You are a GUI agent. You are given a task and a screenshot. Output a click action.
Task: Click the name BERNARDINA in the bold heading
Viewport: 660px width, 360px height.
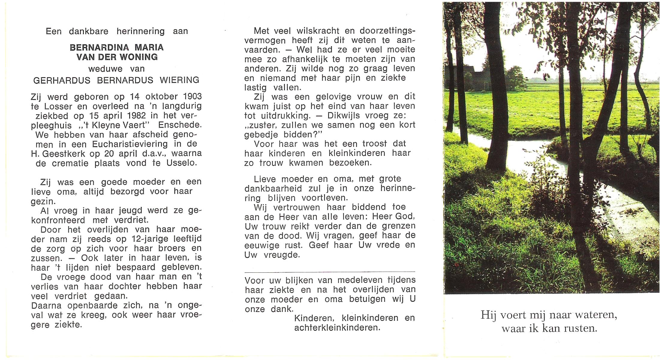coord(99,47)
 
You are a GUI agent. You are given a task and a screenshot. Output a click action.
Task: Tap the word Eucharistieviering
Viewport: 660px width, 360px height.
coord(130,144)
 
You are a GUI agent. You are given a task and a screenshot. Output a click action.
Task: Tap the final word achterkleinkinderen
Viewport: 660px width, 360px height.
coord(337,328)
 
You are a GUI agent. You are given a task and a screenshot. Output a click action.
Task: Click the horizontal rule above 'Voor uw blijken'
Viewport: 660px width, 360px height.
coord(330,272)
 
